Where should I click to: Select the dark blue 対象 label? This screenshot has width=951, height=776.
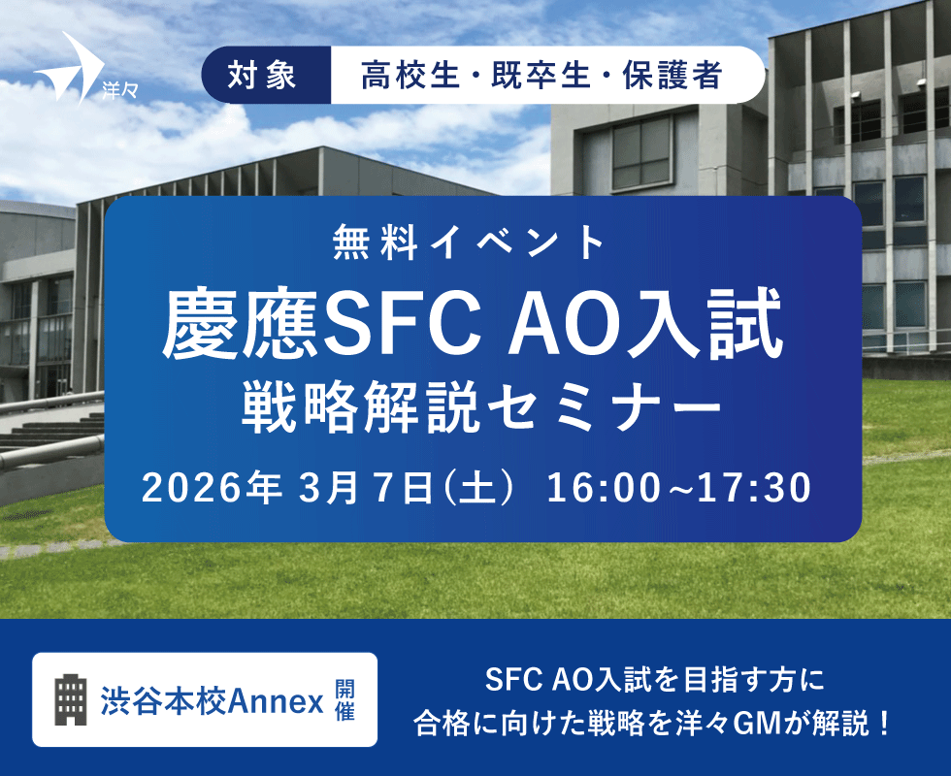point(263,76)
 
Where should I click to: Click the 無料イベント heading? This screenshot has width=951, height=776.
point(482,242)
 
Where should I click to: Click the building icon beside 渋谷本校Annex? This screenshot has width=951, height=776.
point(70,698)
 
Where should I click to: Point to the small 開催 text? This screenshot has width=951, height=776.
point(344,699)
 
